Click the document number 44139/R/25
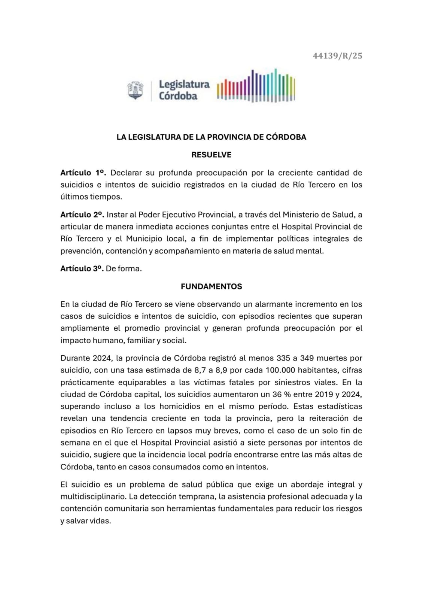click(x=337, y=56)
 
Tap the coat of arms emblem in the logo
click(x=135, y=91)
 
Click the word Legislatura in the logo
click(x=184, y=85)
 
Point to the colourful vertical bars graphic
click(x=256, y=86)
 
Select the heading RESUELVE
click(x=211, y=155)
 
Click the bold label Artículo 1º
click(x=83, y=173)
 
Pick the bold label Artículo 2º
click(x=82, y=215)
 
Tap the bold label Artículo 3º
click(x=82, y=268)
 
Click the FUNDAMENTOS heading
click(x=211, y=286)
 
